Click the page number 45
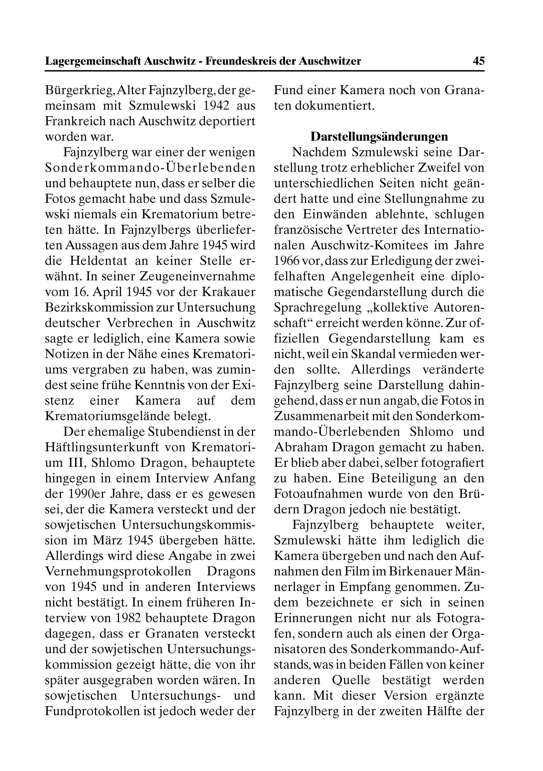pos(478,61)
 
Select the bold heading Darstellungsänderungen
pos(379,137)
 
